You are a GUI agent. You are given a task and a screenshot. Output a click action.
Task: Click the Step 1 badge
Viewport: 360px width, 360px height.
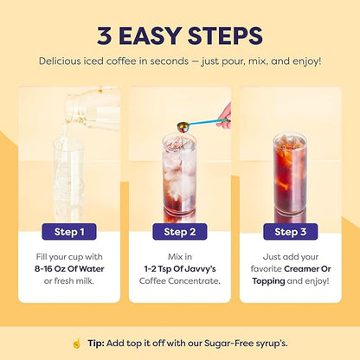[x=68, y=231]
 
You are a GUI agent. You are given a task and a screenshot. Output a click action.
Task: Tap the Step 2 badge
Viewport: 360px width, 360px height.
[x=179, y=231]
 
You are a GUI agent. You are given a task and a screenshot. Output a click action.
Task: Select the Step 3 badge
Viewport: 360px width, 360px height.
[x=290, y=231]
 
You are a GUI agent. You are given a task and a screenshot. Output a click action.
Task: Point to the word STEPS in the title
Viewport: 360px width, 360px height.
[x=219, y=38]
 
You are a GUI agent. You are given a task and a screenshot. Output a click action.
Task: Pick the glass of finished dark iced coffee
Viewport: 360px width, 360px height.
[x=290, y=177]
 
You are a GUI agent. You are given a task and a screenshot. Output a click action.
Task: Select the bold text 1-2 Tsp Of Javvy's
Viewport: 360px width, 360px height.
[x=181, y=269]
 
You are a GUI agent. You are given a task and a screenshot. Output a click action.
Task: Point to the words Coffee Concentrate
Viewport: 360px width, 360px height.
[x=179, y=281]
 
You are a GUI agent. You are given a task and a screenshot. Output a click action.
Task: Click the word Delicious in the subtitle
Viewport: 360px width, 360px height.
[x=64, y=61]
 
